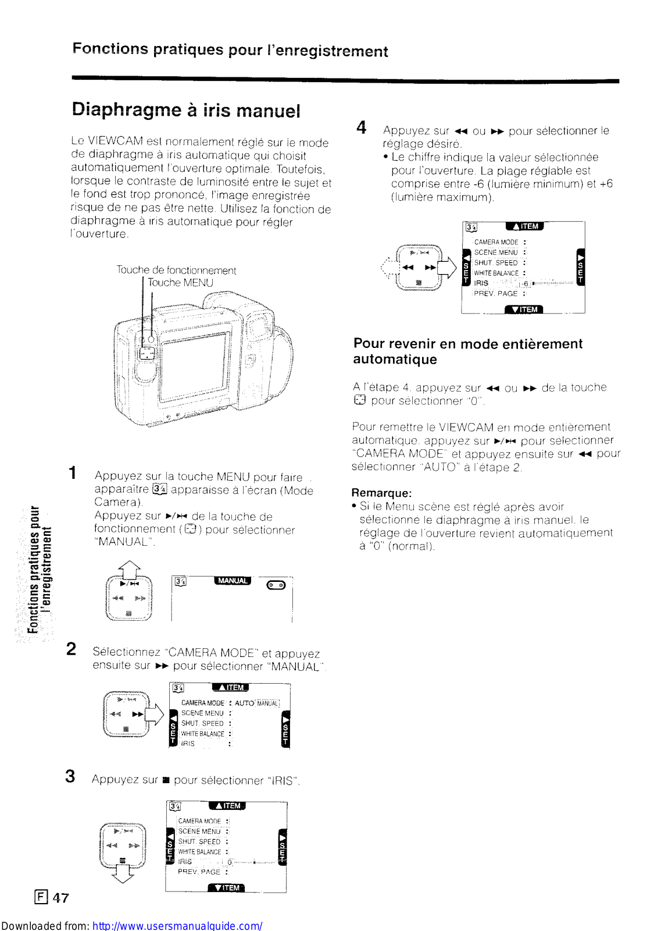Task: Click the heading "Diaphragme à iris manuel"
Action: [x=186, y=110]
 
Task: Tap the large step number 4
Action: [x=361, y=127]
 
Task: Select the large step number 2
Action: [x=71, y=649]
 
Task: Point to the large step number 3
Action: [x=70, y=776]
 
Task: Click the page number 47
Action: [x=60, y=898]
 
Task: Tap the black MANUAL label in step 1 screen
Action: [x=233, y=581]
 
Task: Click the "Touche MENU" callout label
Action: [x=180, y=283]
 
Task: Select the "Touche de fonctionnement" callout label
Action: [x=176, y=270]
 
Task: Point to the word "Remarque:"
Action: [x=381, y=493]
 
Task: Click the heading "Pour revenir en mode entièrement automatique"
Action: [x=467, y=351]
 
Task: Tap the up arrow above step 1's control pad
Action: [x=129, y=567]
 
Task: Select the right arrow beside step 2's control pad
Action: [x=155, y=714]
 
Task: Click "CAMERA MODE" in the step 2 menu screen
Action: [x=202, y=703]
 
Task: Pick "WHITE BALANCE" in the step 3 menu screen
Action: [x=199, y=852]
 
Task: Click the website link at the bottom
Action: [x=177, y=925]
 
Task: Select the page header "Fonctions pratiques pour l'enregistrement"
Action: [x=230, y=51]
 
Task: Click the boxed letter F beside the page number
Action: [x=41, y=897]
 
